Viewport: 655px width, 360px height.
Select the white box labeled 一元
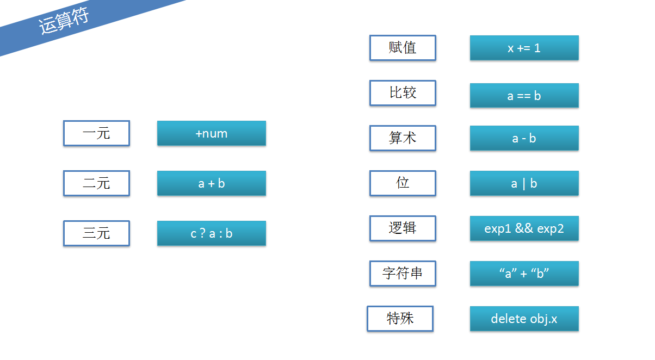click(96, 134)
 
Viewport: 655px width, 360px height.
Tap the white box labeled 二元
click(96, 183)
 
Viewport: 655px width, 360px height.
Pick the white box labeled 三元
click(96, 233)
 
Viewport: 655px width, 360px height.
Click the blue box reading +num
click(212, 133)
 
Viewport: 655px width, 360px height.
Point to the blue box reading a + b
click(212, 183)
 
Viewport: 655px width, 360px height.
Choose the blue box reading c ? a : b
click(212, 233)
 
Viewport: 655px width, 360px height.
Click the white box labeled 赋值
click(403, 48)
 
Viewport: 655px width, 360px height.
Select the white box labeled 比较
click(403, 93)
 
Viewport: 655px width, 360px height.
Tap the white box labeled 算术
click(403, 138)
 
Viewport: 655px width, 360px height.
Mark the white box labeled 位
click(403, 183)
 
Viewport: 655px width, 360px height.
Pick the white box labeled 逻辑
click(403, 228)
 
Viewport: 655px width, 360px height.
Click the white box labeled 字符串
click(403, 274)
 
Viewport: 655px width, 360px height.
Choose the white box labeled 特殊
click(400, 319)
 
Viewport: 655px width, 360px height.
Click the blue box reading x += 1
click(524, 48)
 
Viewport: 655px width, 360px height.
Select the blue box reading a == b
click(524, 96)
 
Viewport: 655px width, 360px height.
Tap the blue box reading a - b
click(524, 138)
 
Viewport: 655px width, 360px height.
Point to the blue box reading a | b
click(524, 183)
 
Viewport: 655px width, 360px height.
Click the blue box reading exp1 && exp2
click(524, 228)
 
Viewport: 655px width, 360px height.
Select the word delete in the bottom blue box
click(509, 319)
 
